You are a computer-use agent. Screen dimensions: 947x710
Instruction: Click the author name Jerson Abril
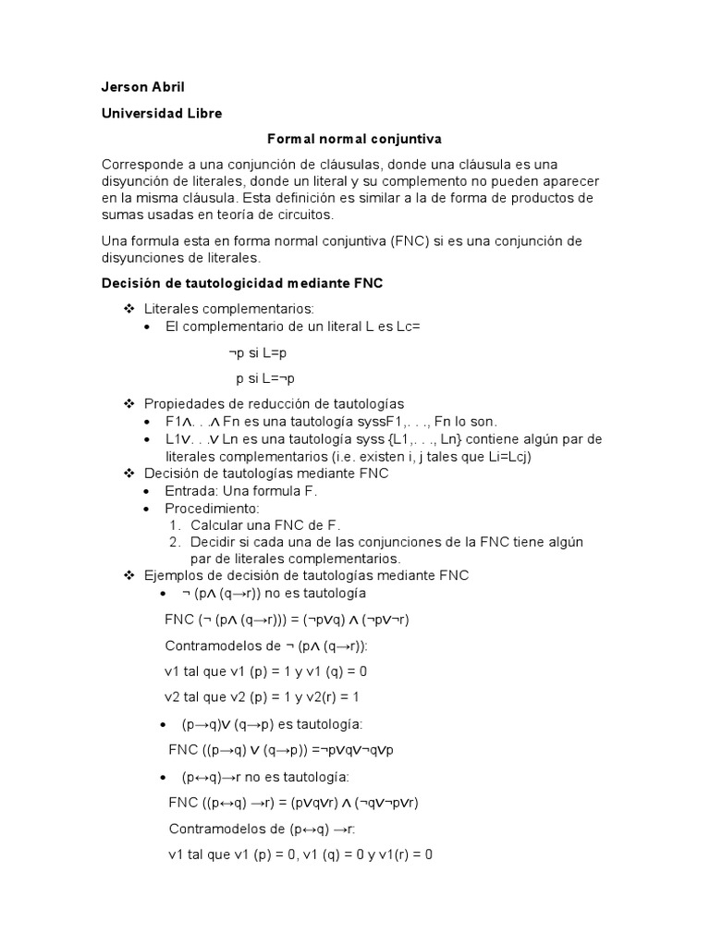tap(143, 87)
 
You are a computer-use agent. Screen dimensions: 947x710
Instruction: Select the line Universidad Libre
tap(162, 113)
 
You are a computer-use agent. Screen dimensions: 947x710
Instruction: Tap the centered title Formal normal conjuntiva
tap(355, 139)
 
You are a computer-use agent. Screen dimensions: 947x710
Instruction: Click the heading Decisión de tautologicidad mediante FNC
tap(241, 283)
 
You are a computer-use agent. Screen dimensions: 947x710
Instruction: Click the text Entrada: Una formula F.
tap(241, 490)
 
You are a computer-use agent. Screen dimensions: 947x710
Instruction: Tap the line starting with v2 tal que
tap(262, 696)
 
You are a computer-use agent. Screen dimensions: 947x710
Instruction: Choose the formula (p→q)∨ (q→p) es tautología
tap(272, 723)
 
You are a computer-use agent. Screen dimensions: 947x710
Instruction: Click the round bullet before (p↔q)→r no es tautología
tap(163, 777)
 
